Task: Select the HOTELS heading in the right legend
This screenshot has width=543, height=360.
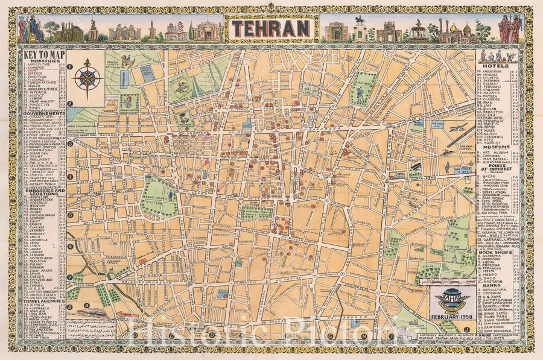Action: point(497,65)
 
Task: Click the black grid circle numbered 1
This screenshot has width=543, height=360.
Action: point(70,67)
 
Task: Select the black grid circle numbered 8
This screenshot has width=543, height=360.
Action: point(70,306)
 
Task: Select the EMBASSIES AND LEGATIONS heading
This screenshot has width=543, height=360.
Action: point(42,192)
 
